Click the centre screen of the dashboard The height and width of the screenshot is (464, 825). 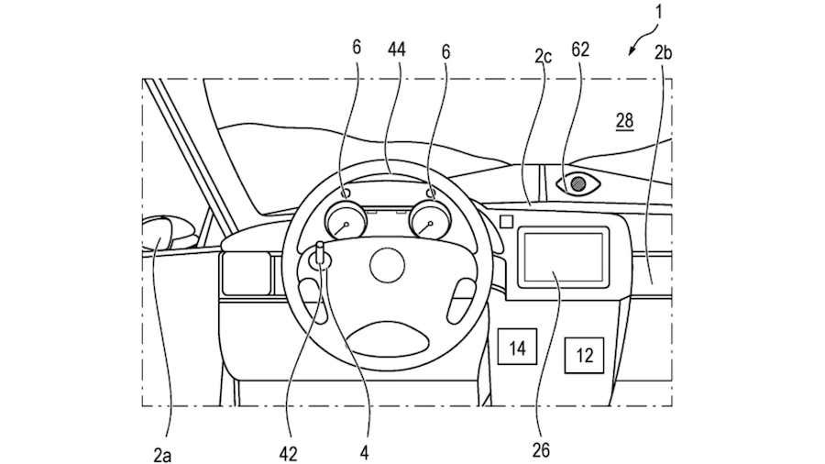click(563, 256)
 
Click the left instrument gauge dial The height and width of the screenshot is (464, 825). click(345, 222)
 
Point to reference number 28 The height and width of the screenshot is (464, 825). click(623, 121)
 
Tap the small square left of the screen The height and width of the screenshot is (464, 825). click(505, 221)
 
